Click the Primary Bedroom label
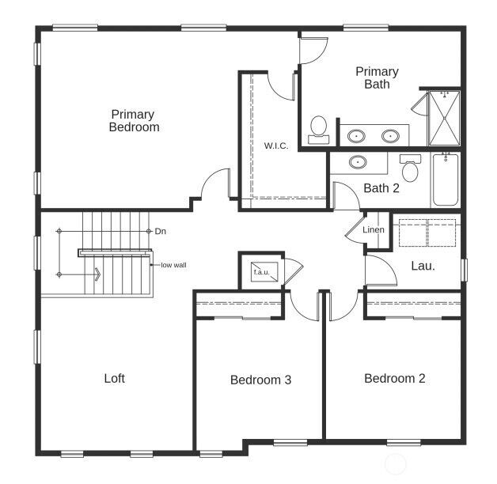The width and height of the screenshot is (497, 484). (134, 120)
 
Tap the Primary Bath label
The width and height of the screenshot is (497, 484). (377, 78)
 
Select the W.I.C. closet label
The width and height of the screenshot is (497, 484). (275, 146)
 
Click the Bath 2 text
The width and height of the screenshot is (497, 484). (381, 188)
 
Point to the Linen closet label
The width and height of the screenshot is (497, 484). (374, 230)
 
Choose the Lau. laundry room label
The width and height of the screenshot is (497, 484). (423, 266)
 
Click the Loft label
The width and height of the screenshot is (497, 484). (115, 378)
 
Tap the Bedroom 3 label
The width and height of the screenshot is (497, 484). (260, 380)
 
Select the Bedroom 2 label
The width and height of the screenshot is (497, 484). (394, 378)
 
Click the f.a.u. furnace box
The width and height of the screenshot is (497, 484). (261, 271)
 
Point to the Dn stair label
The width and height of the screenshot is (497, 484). (161, 231)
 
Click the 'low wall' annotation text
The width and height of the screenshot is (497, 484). (173, 265)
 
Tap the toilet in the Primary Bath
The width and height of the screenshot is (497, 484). (319, 129)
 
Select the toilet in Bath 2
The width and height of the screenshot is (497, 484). (410, 169)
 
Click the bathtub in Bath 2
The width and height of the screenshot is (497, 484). (446, 180)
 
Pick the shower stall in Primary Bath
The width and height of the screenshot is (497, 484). (444, 119)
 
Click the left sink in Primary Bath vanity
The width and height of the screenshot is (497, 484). (357, 136)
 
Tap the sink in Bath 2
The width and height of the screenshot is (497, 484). (359, 162)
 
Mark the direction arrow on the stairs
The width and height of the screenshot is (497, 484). (97, 274)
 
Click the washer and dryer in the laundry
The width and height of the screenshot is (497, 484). (427, 233)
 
